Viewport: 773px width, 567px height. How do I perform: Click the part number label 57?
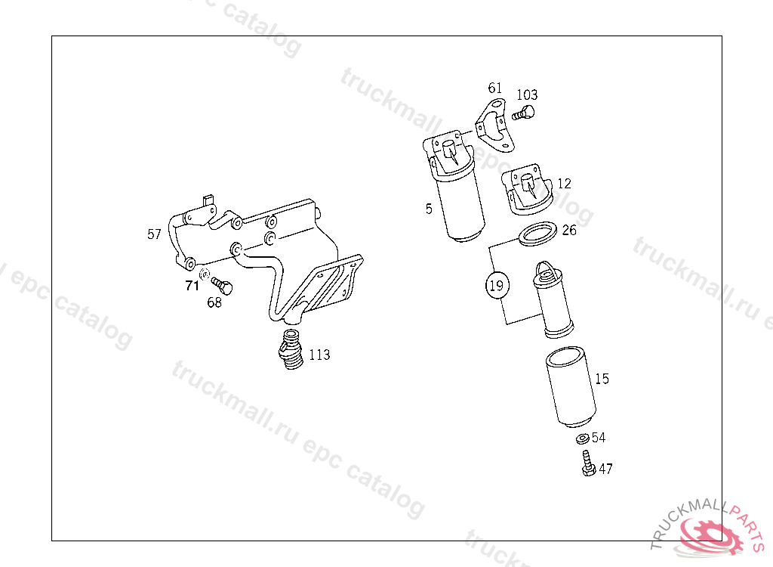click(154, 234)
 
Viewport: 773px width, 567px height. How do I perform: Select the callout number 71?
click(192, 286)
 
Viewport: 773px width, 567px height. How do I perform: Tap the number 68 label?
click(214, 302)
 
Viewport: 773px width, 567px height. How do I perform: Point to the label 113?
click(319, 355)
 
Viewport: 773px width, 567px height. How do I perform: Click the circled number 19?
click(497, 286)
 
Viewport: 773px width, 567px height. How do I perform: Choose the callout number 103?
click(527, 94)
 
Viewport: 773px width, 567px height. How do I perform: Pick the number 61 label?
click(495, 88)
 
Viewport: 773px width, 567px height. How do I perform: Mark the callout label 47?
click(606, 469)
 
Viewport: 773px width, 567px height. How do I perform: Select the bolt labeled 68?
click(222, 286)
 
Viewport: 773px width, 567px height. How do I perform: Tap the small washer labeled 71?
click(205, 273)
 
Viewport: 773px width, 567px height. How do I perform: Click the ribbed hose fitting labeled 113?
click(291, 350)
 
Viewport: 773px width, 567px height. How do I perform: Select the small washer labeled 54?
click(583, 438)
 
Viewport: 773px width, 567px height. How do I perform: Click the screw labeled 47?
click(588, 463)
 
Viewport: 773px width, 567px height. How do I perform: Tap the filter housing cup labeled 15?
click(571, 387)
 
